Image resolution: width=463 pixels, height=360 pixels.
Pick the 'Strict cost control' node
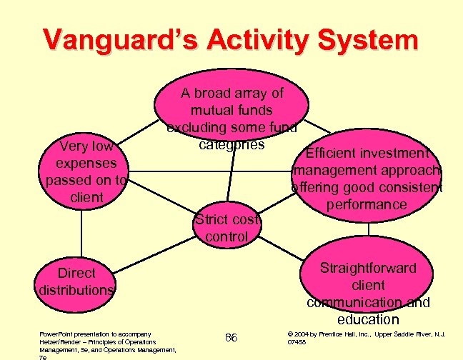(226, 227)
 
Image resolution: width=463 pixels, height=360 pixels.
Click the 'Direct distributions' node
(76, 281)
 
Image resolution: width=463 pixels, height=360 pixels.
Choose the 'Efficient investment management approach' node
(368, 179)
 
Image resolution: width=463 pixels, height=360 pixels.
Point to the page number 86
(231, 337)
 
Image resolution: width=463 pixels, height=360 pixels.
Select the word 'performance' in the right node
(368, 205)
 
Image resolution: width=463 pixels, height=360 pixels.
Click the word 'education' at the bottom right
(369, 319)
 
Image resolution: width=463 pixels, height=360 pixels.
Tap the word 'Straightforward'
(368, 268)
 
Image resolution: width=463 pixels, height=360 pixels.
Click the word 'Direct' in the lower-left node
(76, 273)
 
